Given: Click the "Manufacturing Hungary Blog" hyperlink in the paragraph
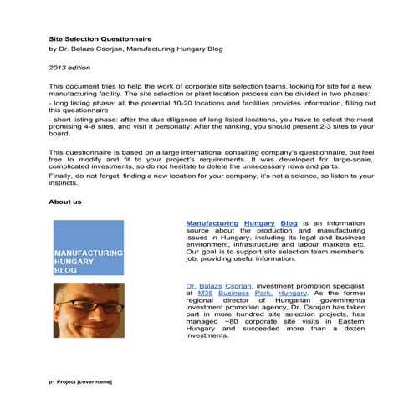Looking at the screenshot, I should coord(241,224).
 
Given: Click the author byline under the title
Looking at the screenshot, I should coord(133,49).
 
